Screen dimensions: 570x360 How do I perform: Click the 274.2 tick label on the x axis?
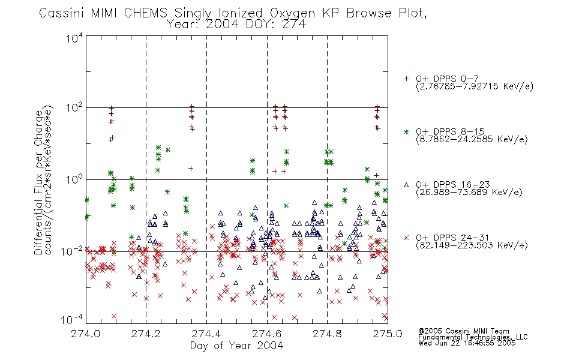[146, 334]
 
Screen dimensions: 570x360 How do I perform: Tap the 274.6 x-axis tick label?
[267, 334]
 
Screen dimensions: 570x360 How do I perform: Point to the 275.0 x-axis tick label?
[388, 334]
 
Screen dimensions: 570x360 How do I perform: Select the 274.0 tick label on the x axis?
[85, 334]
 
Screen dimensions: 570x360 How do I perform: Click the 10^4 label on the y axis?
[74, 38]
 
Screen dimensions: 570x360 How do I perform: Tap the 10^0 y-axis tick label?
[74, 180]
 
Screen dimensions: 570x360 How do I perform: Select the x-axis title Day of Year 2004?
[236, 346]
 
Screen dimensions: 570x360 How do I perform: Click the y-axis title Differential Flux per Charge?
[38, 182]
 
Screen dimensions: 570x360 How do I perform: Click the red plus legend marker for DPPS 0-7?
[406, 79]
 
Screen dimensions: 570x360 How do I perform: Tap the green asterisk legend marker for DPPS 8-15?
[406, 132]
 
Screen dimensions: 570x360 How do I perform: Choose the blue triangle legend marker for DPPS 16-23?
[406, 185]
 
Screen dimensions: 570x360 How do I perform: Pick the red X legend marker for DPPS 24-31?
[406, 238]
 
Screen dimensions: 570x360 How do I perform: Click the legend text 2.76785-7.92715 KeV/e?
[475, 86]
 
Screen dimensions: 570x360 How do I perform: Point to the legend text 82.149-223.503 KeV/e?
[472, 245]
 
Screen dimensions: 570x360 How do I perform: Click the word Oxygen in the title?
[292, 14]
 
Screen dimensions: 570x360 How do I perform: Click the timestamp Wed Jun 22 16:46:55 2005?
[467, 343]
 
